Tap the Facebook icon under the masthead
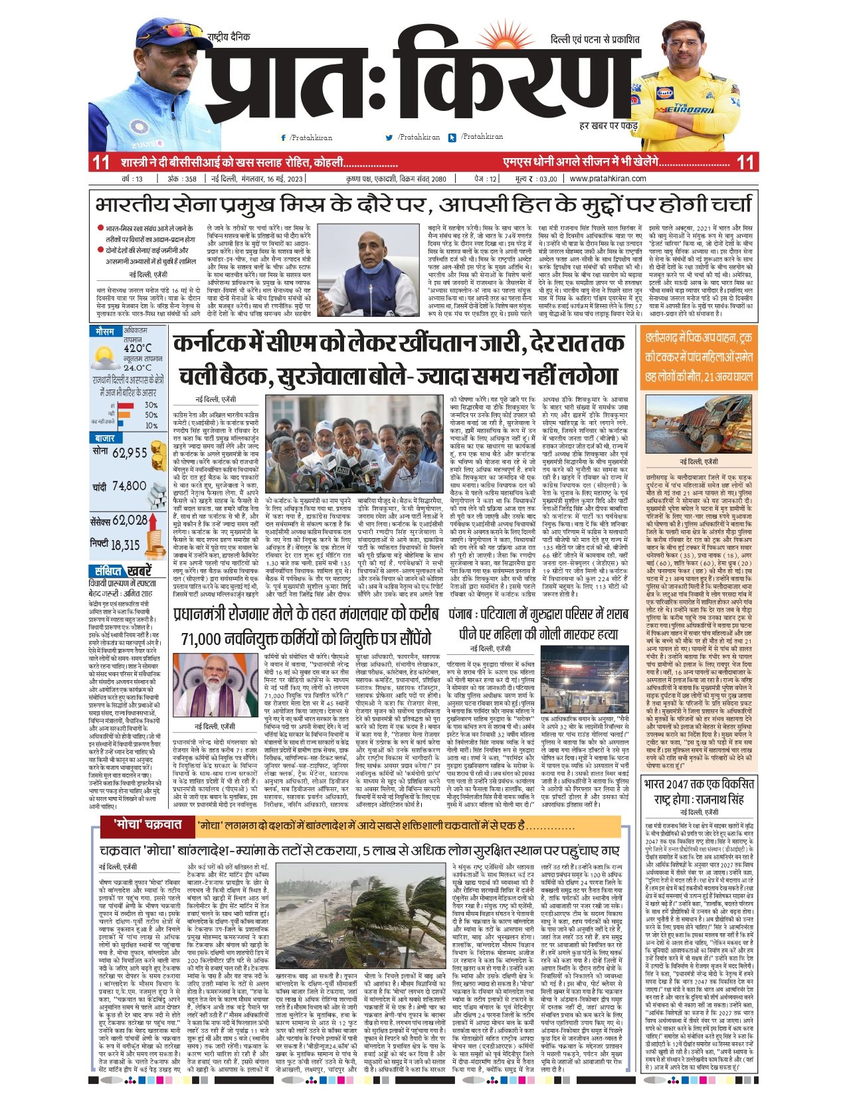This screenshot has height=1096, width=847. click(x=284, y=137)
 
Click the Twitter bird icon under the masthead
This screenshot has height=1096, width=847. click(x=389, y=137)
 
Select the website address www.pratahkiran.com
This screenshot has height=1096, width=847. click(x=608, y=179)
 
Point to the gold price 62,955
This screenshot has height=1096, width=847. click(x=130, y=453)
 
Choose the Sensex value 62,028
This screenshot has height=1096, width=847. click(x=130, y=521)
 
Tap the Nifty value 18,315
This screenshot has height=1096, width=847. click(x=125, y=545)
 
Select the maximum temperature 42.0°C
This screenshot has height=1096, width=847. click(x=138, y=348)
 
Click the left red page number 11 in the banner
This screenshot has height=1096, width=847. click(x=100, y=162)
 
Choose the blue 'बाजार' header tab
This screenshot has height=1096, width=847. click(x=105, y=439)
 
